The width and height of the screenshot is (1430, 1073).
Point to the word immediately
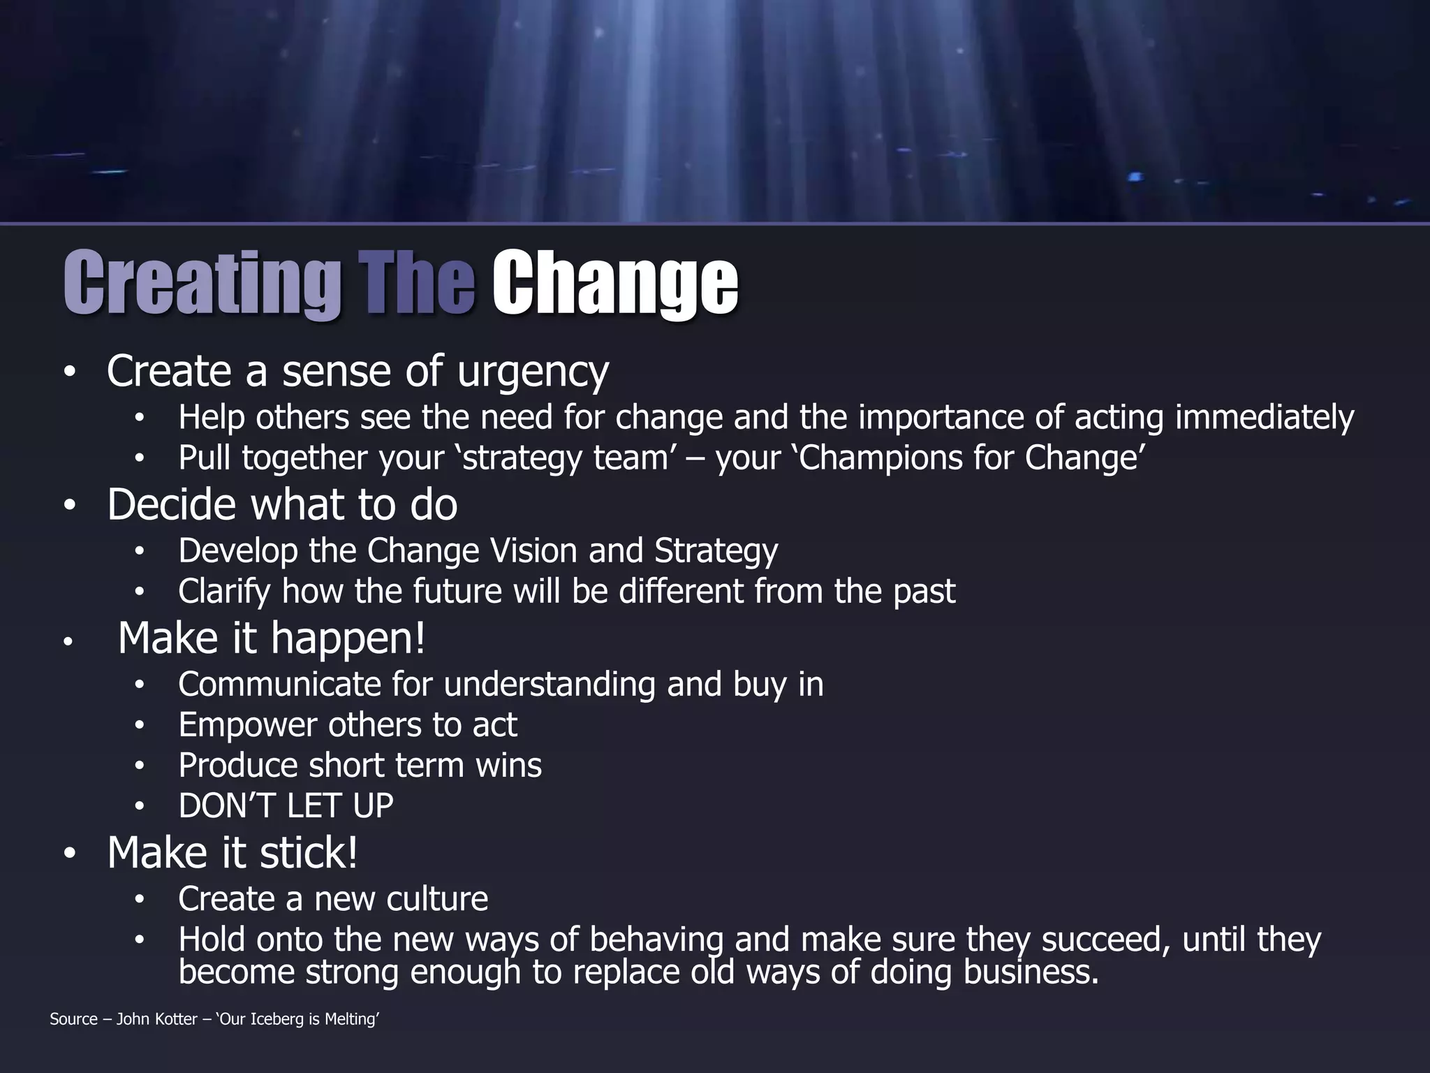coord(1265,418)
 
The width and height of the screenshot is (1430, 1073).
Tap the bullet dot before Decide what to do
coord(69,506)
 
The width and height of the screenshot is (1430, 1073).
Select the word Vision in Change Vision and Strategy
coord(533,551)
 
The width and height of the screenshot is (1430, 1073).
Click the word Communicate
coord(279,685)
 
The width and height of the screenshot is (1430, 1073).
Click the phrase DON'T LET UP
coord(286,806)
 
